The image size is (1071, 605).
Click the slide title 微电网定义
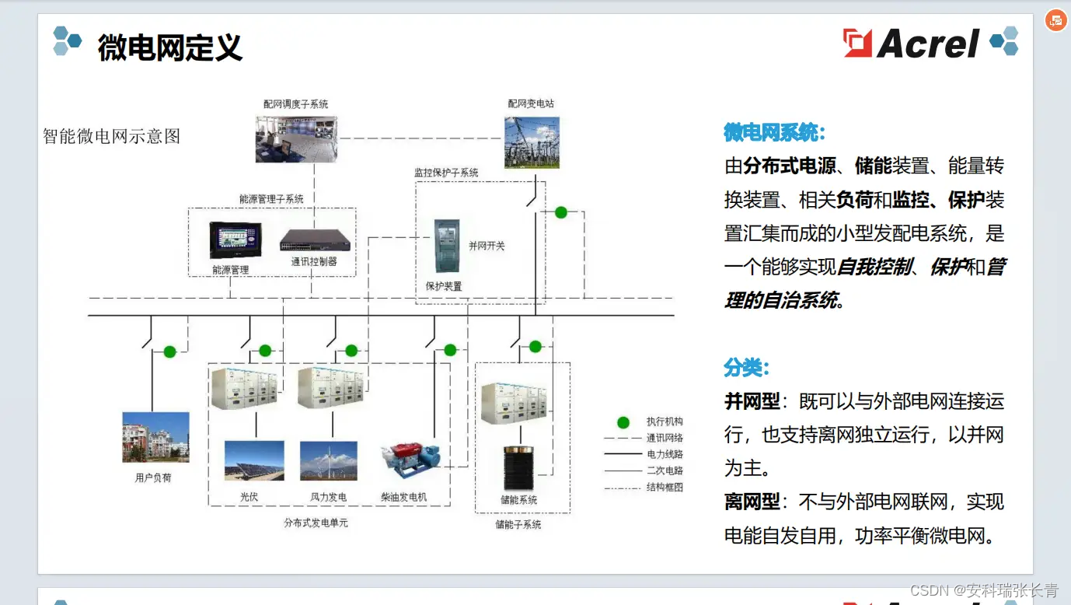click(170, 47)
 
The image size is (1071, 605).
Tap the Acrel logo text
click(928, 44)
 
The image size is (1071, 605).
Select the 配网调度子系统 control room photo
click(296, 139)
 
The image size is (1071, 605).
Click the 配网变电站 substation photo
click(532, 142)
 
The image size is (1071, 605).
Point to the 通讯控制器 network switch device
click(315, 241)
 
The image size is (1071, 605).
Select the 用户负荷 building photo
click(155, 437)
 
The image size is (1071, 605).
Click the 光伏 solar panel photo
click(254, 460)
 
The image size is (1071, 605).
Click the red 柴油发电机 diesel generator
click(410, 459)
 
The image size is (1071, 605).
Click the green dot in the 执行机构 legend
click(623, 422)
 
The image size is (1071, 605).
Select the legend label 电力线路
click(665, 454)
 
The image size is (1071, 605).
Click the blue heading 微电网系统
click(774, 132)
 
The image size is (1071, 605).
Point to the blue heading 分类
click(746, 367)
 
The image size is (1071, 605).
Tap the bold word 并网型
click(752, 401)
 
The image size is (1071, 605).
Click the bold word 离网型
click(752, 502)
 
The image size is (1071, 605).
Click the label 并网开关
click(487, 246)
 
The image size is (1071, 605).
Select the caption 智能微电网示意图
click(112, 136)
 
